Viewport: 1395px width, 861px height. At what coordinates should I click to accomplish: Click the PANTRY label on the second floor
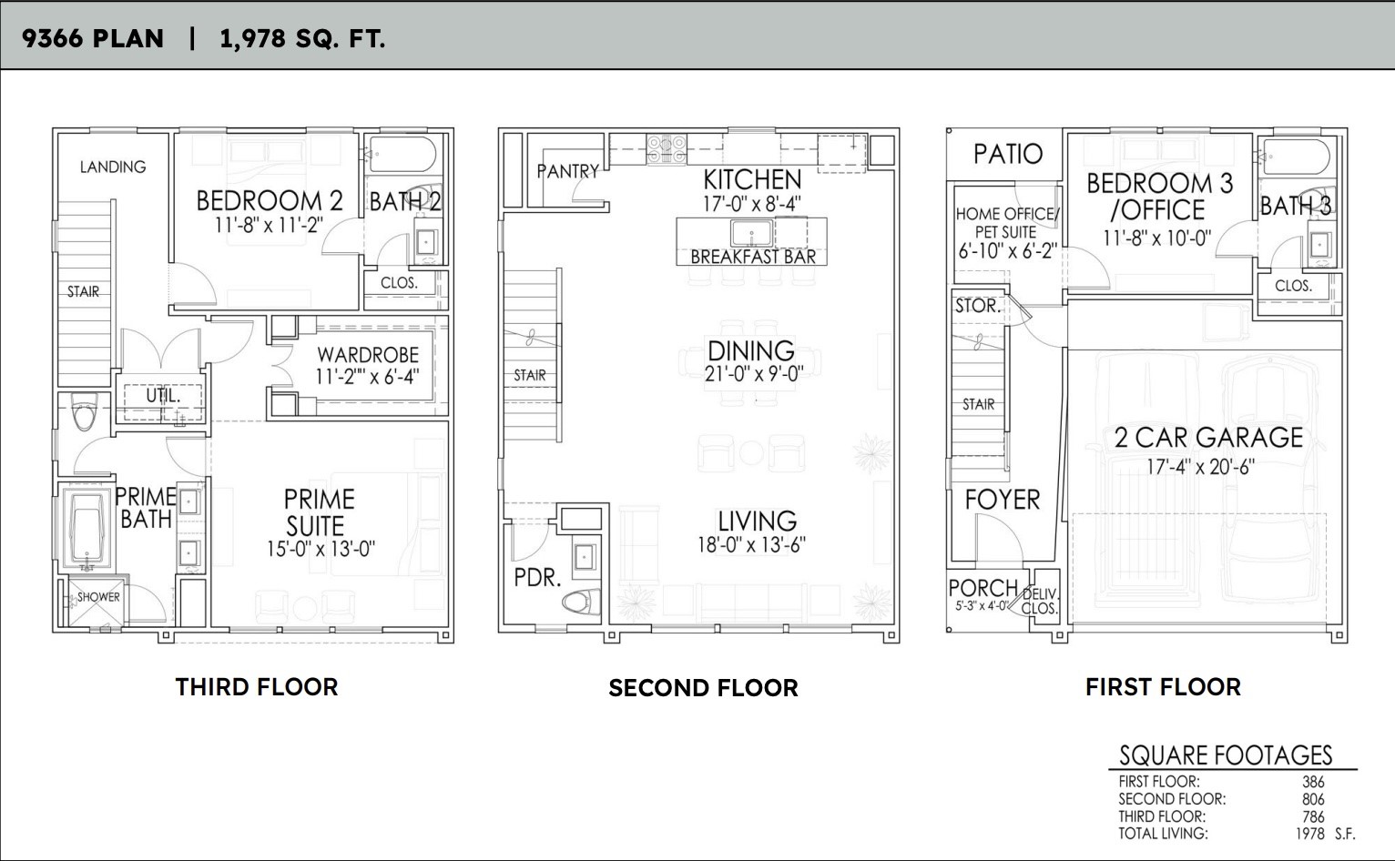pyautogui.click(x=567, y=171)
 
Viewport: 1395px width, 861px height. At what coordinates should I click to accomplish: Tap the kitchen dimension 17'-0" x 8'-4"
pyautogui.click(x=751, y=204)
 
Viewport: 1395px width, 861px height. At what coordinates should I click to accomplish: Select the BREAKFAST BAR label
pyautogui.click(x=752, y=257)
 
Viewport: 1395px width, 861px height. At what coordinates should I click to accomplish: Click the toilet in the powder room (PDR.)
pyautogui.click(x=577, y=602)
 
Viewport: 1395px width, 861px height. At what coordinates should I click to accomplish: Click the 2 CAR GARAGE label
pyautogui.click(x=1208, y=438)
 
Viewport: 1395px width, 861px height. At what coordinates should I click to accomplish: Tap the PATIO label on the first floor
pyautogui.click(x=1007, y=154)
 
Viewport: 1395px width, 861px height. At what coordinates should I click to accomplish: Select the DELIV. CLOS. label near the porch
pyautogui.click(x=1039, y=602)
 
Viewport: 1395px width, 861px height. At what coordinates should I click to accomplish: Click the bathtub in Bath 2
pyautogui.click(x=402, y=156)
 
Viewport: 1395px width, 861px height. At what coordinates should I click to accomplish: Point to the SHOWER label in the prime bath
pyautogui.click(x=98, y=597)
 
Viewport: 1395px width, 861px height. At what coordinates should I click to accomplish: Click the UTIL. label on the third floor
pyautogui.click(x=163, y=397)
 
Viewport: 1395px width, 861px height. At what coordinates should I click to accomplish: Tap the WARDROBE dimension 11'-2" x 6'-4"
pyautogui.click(x=366, y=377)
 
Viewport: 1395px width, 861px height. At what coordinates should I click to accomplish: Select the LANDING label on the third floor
pyautogui.click(x=112, y=167)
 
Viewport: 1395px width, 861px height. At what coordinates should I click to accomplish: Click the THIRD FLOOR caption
pyautogui.click(x=256, y=687)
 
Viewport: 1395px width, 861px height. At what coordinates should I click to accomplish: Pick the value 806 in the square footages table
pyautogui.click(x=1313, y=799)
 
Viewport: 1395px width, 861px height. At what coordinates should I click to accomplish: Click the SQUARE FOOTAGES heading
pyautogui.click(x=1225, y=755)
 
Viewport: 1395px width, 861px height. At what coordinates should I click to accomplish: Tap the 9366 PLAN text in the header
pyautogui.click(x=93, y=38)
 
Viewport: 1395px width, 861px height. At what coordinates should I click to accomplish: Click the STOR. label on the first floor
pyautogui.click(x=977, y=306)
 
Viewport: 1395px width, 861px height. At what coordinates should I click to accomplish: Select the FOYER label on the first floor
pyautogui.click(x=1002, y=500)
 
